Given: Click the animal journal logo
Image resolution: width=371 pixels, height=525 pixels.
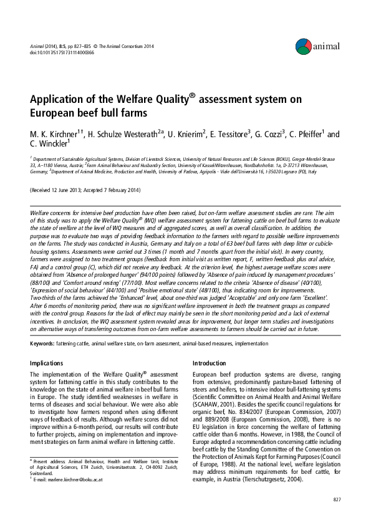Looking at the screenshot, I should click(317, 45).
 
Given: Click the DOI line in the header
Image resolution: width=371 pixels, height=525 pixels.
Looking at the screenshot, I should click(52, 52).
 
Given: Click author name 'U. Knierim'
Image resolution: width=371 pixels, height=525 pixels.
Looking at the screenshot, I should click(186, 135).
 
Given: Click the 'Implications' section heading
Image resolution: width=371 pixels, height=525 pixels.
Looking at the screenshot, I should click(48, 363).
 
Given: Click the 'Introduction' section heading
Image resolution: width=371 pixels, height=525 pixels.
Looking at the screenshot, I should click(210, 363).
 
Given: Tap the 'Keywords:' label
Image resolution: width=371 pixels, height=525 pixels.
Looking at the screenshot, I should click(43, 344).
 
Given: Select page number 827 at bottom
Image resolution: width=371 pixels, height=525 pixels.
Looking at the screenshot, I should click(337, 499).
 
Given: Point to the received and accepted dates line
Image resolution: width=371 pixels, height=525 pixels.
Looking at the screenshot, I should click(85, 190).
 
